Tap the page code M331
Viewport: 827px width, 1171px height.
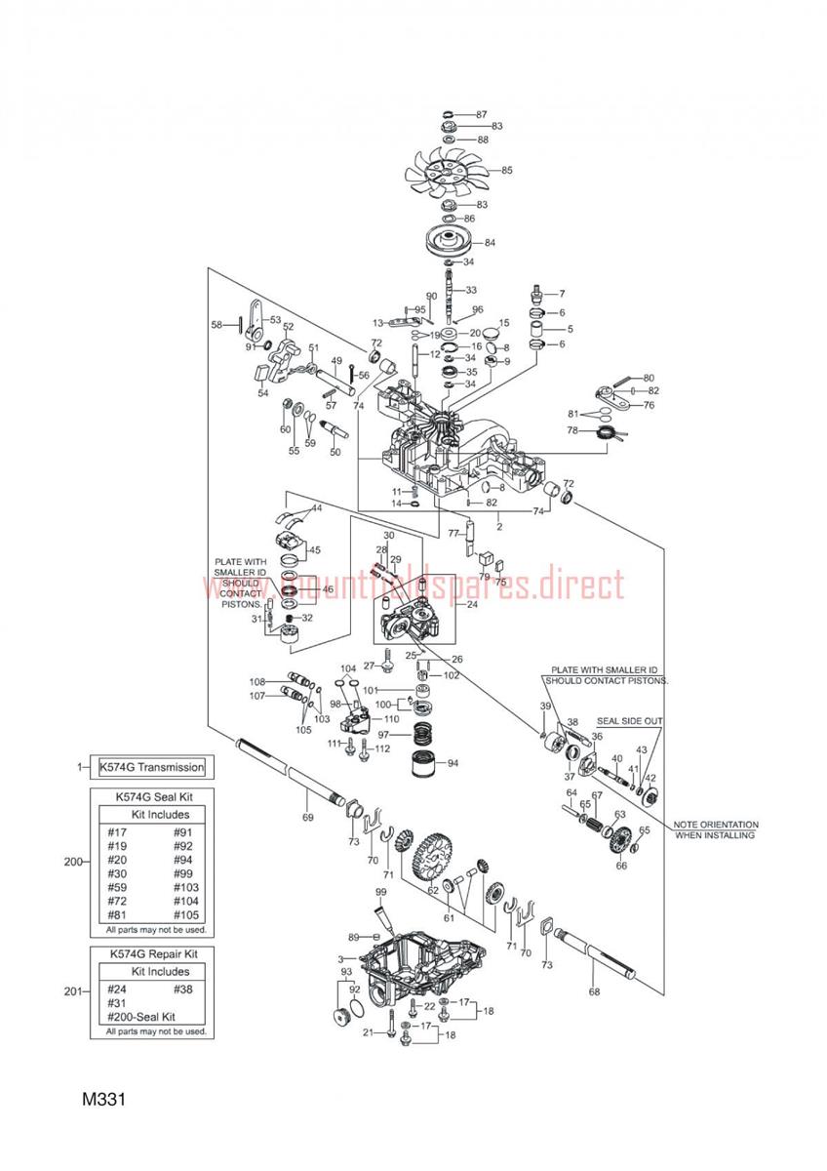pos(106,1100)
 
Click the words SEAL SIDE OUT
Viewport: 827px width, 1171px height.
pos(630,721)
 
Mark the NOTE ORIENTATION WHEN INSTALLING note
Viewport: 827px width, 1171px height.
pos(715,830)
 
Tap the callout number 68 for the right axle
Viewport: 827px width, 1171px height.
pos(594,992)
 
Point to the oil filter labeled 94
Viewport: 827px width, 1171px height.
pos(426,766)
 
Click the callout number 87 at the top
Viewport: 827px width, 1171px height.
pos(481,115)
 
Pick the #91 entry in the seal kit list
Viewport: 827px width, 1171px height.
pos(182,832)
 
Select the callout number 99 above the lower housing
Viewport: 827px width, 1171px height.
pos(380,893)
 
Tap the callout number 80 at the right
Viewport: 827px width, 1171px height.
pos(649,378)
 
